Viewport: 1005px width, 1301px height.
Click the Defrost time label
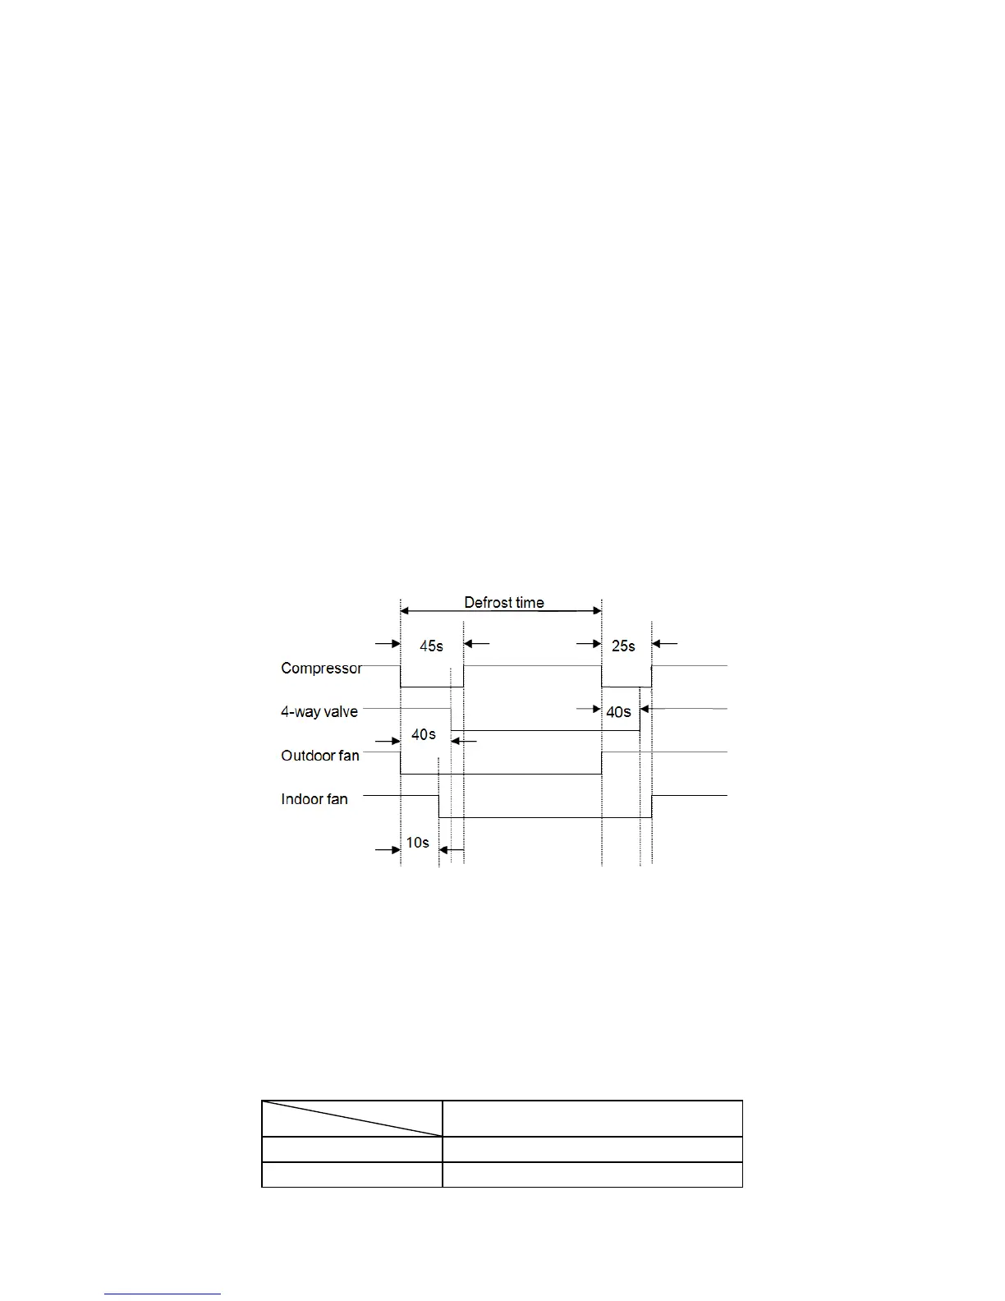click(503, 602)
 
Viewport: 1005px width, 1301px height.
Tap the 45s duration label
click(431, 646)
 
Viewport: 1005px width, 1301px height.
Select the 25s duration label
click(623, 646)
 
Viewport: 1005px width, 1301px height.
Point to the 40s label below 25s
click(618, 712)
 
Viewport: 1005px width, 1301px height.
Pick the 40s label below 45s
click(423, 734)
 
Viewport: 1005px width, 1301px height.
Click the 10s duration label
click(417, 843)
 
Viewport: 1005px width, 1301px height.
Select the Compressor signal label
click(321, 668)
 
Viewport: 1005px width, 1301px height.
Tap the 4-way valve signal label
click(319, 711)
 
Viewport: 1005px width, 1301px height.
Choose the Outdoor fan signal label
click(320, 755)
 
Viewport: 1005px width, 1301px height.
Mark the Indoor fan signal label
click(314, 798)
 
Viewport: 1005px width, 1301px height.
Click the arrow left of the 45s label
click(388, 644)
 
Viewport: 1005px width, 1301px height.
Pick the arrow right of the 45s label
click(477, 644)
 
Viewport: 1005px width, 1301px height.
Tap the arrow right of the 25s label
click(665, 644)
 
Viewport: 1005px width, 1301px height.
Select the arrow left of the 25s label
click(590, 644)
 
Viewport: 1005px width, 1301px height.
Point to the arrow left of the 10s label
click(388, 849)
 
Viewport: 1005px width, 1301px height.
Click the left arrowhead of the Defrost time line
click(406, 610)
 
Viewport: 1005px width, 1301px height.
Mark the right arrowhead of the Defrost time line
click(596, 610)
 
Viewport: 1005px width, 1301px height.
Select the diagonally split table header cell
click(351, 1119)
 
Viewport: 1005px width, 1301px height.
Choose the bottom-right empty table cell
click(592, 1175)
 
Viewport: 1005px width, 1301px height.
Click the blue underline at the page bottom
click(163, 1294)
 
